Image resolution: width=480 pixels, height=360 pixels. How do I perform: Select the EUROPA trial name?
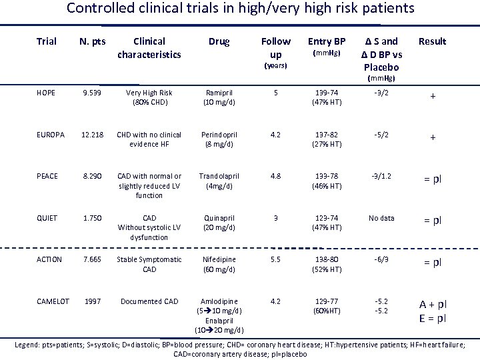pyautogui.click(x=51, y=135)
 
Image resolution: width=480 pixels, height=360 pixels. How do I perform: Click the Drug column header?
pyautogui.click(x=218, y=41)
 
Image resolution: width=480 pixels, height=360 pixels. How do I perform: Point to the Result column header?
pyautogui.click(x=432, y=41)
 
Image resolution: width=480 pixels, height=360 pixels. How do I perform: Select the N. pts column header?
pyautogui.click(x=93, y=41)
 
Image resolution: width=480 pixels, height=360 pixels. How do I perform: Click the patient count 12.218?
pyautogui.click(x=93, y=135)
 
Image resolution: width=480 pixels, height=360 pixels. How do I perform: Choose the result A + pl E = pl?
pyautogui.click(x=433, y=311)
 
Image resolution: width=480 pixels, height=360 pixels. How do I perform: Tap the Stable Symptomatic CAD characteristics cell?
pyautogui.click(x=149, y=264)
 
